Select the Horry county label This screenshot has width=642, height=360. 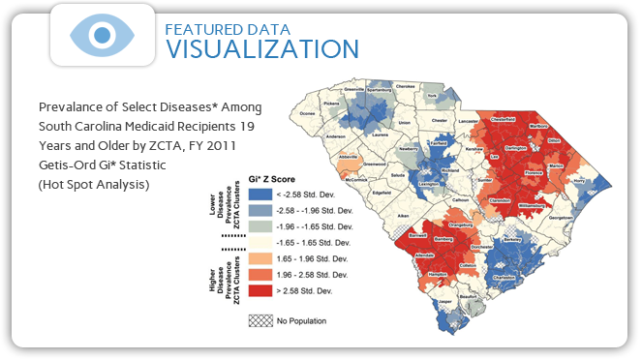pos(609,181)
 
